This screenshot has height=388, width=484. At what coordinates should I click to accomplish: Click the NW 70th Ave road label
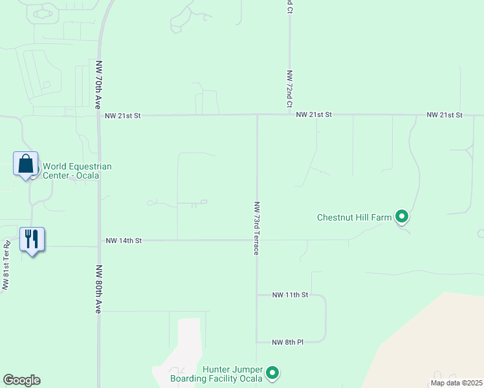click(x=99, y=85)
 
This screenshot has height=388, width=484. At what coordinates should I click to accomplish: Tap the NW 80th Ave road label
click(x=99, y=289)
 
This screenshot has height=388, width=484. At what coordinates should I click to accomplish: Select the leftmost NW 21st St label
click(x=122, y=116)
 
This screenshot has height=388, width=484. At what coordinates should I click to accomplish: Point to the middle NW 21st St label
click(x=314, y=114)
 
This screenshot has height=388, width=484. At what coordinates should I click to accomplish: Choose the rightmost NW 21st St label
click(x=445, y=114)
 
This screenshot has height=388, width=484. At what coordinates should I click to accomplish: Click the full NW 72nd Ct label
click(x=290, y=89)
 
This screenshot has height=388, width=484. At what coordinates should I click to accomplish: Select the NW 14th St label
click(x=124, y=241)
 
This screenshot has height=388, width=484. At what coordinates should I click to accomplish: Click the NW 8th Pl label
click(x=288, y=342)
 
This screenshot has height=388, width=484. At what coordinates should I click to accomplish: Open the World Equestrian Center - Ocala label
click(x=77, y=171)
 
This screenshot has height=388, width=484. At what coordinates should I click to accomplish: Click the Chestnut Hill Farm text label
click(x=355, y=217)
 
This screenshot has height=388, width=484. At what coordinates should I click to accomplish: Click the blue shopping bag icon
click(x=26, y=164)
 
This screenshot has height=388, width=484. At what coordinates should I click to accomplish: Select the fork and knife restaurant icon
click(x=32, y=239)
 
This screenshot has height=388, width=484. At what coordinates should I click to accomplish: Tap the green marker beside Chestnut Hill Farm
click(x=402, y=217)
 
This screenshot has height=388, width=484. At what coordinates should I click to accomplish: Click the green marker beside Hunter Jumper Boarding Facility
click(x=272, y=373)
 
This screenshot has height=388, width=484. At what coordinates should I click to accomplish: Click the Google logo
click(x=21, y=380)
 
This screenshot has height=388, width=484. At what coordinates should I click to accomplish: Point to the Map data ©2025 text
click(x=456, y=383)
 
